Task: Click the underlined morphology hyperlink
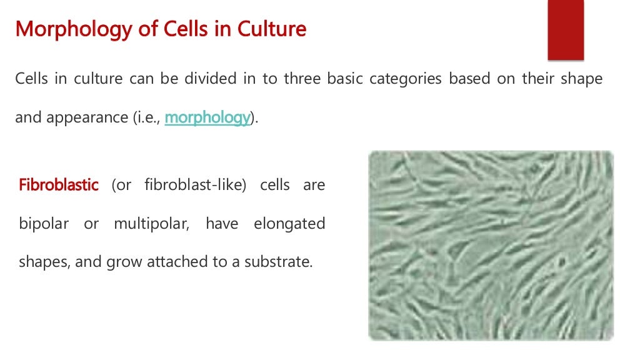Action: (x=207, y=117)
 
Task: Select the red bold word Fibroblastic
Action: (x=59, y=186)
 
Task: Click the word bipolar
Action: (x=44, y=224)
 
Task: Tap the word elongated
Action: (x=289, y=224)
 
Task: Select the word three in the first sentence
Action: (x=302, y=79)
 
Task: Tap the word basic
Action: (x=344, y=79)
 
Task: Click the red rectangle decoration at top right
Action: (x=566, y=30)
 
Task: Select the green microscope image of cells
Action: (x=491, y=245)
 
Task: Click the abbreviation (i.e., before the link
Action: (x=146, y=117)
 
